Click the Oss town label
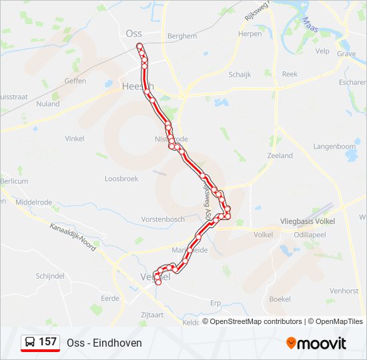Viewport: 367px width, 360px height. [x=133, y=33]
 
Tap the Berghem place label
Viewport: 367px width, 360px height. [x=182, y=36]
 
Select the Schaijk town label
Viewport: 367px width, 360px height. [x=240, y=75]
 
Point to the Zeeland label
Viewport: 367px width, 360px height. [x=280, y=155]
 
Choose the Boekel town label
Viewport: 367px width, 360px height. [x=280, y=299]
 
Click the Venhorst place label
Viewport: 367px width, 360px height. [x=345, y=291]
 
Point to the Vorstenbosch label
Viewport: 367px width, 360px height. [x=163, y=219]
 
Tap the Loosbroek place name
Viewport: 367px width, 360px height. [x=121, y=179]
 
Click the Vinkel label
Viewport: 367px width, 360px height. [x=74, y=139]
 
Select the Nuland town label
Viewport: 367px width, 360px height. [x=47, y=104]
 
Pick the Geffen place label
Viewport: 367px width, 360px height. [x=75, y=81]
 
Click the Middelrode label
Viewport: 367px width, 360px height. [x=33, y=201]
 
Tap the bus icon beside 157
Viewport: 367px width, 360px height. [x=30, y=342]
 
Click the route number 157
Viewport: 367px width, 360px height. [x=48, y=342]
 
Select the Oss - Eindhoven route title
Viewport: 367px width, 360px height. [x=104, y=343]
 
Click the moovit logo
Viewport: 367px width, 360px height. [x=316, y=343]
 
